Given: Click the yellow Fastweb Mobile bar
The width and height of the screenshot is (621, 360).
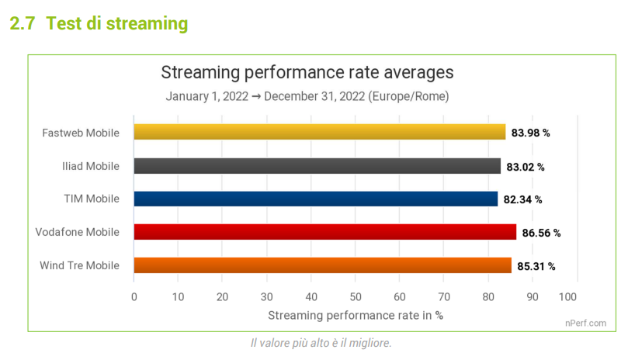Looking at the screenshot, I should (320, 132).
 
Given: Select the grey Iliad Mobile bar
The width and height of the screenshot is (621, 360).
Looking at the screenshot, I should (317, 165).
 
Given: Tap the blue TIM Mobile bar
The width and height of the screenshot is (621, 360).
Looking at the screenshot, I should (316, 199).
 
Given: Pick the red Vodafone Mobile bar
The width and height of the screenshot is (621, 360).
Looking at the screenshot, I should (325, 232).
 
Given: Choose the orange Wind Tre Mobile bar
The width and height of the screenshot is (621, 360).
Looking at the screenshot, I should (323, 265).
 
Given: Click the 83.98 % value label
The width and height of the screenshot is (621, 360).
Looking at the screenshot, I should (531, 133).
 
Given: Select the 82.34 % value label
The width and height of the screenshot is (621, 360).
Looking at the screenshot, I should (523, 199).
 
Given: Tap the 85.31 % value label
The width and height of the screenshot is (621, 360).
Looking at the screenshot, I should (536, 266).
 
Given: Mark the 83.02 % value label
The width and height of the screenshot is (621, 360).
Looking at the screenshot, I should (526, 166).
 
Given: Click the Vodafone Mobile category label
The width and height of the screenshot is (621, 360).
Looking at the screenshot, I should (78, 232).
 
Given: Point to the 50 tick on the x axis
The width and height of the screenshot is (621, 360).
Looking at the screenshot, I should (356, 296).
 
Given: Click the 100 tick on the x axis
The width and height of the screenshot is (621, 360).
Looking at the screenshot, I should (568, 296).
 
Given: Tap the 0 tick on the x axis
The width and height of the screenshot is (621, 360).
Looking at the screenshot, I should (134, 296).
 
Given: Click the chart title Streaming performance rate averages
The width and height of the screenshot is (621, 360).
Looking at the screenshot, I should (307, 73).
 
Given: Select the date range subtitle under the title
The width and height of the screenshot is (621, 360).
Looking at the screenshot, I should (307, 97).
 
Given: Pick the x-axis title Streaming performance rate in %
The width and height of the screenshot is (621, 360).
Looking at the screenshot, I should (355, 315).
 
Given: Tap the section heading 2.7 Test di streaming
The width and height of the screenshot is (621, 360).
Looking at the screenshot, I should (99, 23).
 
